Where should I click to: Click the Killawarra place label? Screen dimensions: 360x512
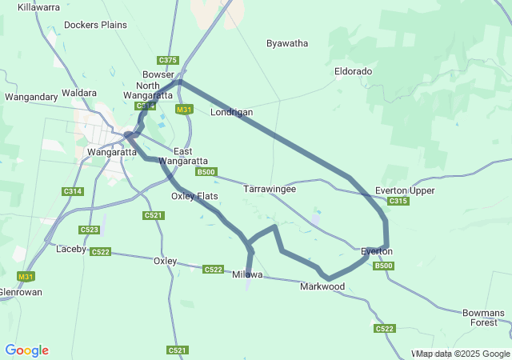38,7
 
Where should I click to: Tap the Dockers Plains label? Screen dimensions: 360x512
95,25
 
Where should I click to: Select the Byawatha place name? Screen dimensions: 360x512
287,43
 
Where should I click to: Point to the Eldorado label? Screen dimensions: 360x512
353,71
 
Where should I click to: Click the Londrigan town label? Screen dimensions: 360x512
231,112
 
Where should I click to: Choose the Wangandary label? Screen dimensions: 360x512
31,97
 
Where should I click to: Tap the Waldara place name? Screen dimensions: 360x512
79,93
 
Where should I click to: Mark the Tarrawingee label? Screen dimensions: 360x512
270,190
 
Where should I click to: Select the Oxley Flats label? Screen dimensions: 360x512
194,196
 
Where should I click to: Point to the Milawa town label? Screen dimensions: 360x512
247,274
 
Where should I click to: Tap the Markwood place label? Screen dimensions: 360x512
322,286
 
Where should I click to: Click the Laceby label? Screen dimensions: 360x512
71,249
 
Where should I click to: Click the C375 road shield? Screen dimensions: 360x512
168,60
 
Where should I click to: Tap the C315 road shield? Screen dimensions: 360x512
398,202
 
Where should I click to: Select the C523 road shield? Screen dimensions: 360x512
90,230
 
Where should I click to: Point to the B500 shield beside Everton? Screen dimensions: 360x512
384,266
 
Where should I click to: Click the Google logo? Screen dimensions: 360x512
26,350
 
